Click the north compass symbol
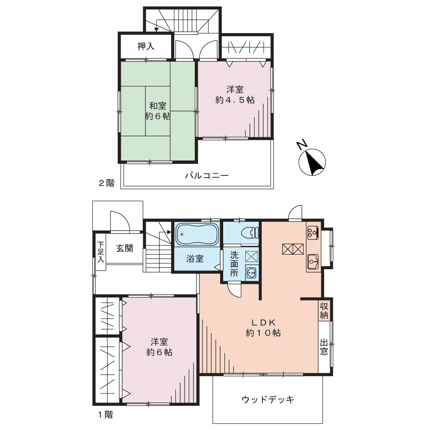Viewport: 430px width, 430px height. (312, 162)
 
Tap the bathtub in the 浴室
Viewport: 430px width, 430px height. (197, 234)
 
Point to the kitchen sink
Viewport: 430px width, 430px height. (313, 261)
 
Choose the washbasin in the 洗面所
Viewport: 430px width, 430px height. (251, 273)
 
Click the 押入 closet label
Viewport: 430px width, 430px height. (146, 46)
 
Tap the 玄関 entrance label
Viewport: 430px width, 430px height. (125, 248)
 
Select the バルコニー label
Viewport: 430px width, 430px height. (206, 175)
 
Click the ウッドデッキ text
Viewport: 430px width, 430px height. (268, 399)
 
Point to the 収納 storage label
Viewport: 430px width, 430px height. (324, 311)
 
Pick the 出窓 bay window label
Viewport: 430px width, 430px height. (324, 347)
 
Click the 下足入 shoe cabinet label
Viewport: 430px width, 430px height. (101, 252)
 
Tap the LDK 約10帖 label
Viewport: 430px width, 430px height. (263, 328)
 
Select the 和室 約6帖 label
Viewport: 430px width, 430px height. (158, 111)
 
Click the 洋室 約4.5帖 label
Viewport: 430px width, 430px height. (235, 95)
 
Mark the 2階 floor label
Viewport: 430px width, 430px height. (106, 183)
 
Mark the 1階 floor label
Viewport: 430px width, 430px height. (106, 415)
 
